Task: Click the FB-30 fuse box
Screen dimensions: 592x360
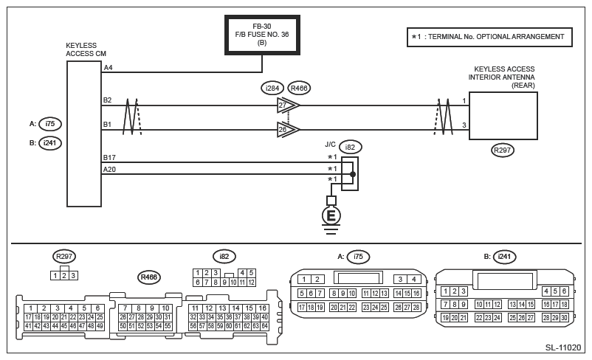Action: click(262, 35)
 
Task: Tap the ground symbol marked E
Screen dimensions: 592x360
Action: click(331, 216)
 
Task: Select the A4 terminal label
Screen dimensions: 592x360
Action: click(108, 68)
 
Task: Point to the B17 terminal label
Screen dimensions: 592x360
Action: click(109, 157)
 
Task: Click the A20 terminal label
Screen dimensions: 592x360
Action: click(109, 170)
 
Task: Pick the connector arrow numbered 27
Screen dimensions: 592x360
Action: click(288, 105)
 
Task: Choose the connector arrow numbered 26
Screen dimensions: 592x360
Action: click(288, 130)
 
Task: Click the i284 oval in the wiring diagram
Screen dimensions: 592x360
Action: click(272, 89)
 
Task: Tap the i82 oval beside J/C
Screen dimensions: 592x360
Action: click(350, 147)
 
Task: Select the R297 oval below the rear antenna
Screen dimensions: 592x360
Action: click(503, 150)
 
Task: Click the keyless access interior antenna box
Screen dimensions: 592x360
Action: click(503, 116)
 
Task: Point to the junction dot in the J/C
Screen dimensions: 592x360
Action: click(353, 174)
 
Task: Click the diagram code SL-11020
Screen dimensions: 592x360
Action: click(563, 347)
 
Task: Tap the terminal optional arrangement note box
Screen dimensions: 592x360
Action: click(489, 37)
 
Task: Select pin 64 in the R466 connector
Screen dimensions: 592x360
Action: click(265, 326)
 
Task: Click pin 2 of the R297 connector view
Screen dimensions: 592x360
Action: click(64, 275)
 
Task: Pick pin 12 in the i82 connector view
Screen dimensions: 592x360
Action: click(251, 282)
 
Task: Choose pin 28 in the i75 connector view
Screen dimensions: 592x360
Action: click(416, 308)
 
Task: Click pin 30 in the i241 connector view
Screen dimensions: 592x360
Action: click(564, 318)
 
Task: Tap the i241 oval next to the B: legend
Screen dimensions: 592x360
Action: click(50, 143)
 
